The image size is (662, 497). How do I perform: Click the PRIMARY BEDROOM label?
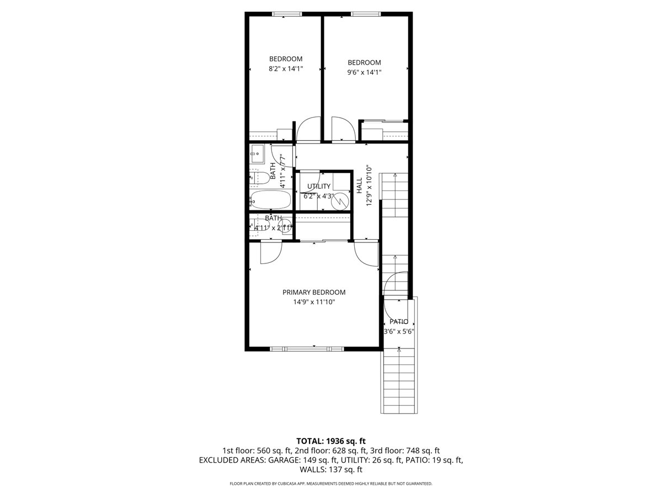[314, 292]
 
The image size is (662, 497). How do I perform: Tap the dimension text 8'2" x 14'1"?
[286, 69]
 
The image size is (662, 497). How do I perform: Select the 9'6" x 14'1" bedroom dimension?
[364, 72]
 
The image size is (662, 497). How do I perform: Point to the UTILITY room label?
[319, 186]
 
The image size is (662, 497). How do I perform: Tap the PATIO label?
[399, 321]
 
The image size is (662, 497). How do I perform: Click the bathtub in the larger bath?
[270, 199]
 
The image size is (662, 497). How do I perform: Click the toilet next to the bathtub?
[259, 177]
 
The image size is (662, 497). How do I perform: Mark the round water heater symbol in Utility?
[341, 201]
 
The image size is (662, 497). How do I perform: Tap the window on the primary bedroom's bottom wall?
[307, 348]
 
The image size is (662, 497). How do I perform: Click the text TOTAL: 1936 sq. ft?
[331, 441]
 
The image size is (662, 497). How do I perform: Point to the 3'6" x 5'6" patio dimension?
[399, 331]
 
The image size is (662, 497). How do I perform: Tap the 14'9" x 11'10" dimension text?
[314, 302]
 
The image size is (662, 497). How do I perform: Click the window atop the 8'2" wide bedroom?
[287, 13]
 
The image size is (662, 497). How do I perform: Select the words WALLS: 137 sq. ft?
[331, 469]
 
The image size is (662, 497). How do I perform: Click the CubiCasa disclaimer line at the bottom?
[331, 484]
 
